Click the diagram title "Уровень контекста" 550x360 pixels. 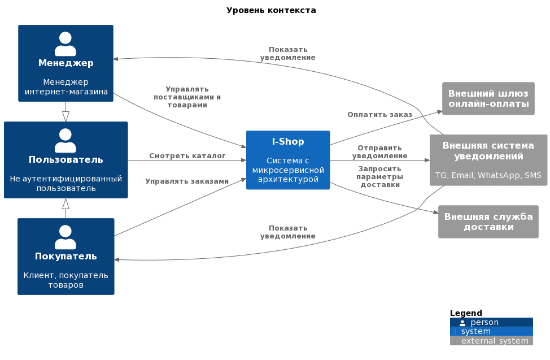271,11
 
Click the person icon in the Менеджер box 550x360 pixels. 66,44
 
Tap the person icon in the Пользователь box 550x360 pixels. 66,141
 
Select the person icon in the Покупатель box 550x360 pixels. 66,237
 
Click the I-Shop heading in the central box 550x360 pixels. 288,141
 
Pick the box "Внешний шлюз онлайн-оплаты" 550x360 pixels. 488,99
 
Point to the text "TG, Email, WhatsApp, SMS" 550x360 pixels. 488,175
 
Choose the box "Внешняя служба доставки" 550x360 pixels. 488,222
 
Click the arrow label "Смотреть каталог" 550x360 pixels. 187,155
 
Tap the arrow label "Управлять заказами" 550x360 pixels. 187,181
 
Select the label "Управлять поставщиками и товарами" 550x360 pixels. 187,97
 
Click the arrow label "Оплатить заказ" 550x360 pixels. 379,115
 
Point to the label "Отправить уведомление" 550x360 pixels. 380,151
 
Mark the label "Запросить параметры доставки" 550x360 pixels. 380,177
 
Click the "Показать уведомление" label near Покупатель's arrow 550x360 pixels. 287,232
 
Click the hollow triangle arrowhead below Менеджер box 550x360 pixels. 66,116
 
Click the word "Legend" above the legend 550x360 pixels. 466,313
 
